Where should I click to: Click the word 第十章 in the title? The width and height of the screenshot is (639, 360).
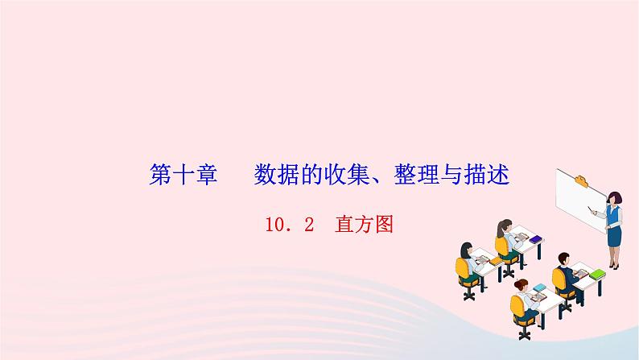click(183, 175)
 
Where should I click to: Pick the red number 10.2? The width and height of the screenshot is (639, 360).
click(290, 225)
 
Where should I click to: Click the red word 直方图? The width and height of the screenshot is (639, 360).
click(364, 225)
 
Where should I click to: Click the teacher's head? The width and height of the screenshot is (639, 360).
click(614, 198)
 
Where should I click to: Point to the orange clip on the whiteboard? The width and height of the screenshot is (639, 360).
click(581, 180)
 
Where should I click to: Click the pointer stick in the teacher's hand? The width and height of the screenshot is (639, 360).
click(591, 210)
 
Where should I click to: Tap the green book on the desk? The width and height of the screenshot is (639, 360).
click(597, 274)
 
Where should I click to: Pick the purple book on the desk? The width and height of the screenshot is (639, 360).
click(536, 239)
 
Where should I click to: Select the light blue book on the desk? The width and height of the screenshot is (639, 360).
click(539, 288)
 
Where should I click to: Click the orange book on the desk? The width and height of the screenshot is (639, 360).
click(496, 261)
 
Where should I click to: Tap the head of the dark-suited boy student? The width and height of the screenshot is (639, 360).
click(563, 259)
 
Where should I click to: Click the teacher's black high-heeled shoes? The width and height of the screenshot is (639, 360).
click(614, 267)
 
